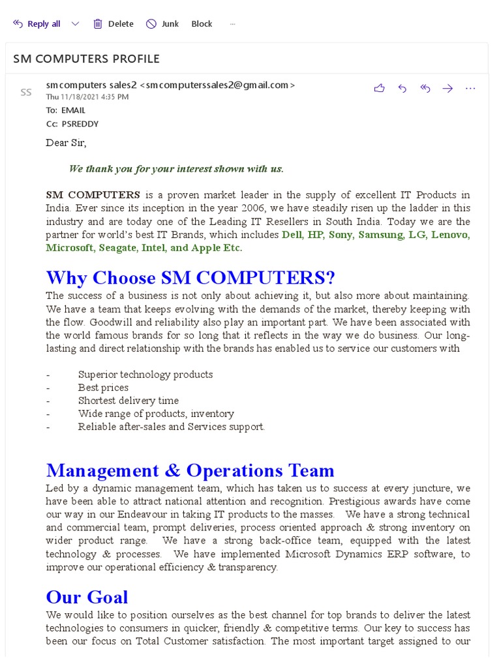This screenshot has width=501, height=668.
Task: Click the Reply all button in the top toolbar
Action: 37,24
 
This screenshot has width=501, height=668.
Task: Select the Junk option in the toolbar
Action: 162,24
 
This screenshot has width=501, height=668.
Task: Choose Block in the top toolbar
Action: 202,24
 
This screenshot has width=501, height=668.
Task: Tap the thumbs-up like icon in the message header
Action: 379,89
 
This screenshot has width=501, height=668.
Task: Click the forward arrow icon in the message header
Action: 448,89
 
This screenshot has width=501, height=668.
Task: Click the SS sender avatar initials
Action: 26,93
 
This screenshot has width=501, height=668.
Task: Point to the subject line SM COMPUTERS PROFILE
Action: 86,59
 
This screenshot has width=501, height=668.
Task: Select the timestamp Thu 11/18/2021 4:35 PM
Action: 87,97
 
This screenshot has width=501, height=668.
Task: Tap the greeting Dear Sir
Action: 66,143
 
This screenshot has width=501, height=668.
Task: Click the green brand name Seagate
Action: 118,248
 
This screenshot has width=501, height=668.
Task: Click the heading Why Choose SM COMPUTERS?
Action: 190,278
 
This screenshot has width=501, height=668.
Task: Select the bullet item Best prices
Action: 103,387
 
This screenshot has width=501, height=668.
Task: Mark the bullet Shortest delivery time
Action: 128,401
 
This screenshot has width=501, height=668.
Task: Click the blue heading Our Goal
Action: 87,597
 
